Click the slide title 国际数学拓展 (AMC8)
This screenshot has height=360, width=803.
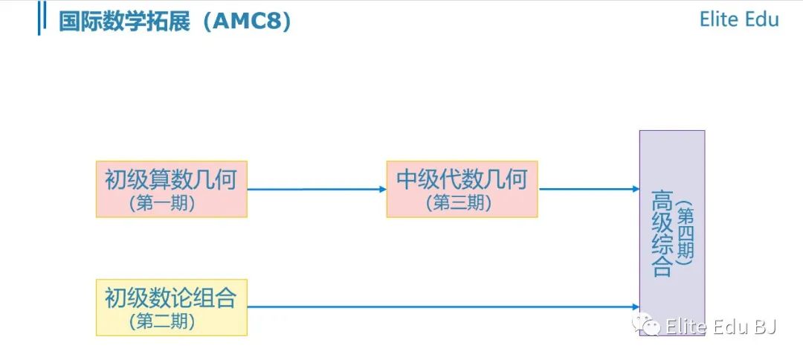click(175, 22)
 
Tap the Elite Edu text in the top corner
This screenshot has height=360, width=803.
click(739, 19)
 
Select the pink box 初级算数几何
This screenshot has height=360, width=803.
click(172, 189)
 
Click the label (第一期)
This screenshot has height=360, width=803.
click(162, 204)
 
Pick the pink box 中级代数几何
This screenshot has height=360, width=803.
click(462, 189)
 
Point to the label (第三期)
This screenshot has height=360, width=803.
click(459, 203)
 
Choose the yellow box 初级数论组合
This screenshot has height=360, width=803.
click(172, 307)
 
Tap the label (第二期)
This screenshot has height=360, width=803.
click(162, 321)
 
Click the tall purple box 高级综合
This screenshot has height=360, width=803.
click(672, 233)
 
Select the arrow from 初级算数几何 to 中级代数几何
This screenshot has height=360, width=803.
click(317, 189)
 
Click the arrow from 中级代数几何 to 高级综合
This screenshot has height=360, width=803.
click(588, 189)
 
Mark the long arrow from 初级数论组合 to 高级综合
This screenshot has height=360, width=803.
click(443, 307)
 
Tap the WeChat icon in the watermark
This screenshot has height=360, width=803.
click(646, 324)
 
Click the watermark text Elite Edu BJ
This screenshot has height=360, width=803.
click(720, 327)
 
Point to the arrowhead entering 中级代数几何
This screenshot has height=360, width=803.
click(383, 189)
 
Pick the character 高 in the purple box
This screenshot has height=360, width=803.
click(661, 202)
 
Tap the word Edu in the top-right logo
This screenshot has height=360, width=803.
click(759, 19)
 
